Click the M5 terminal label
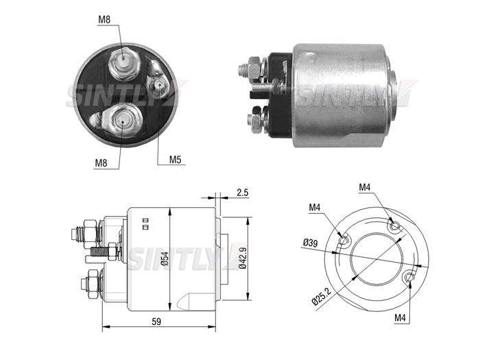click(176, 160)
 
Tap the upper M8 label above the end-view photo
click(104, 20)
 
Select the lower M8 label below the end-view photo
click(101, 163)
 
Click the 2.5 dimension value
click(243, 193)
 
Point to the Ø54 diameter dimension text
click(165, 259)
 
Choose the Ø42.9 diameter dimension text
click(243, 257)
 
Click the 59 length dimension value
click(156, 322)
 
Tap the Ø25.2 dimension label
click(322, 296)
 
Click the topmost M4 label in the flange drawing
click(365, 187)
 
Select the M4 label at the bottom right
click(400, 317)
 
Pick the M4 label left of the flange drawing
click(314, 208)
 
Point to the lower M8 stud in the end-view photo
click(122, 121)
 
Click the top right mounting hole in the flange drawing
click(394, 226)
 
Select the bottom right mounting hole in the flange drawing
click(409, 277)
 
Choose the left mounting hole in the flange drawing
click(344, 240)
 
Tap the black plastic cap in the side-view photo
click(280, 95)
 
